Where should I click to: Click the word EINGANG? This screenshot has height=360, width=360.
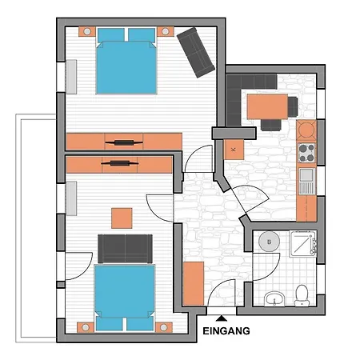(227, 330)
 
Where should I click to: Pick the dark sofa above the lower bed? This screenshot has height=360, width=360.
(125, 246)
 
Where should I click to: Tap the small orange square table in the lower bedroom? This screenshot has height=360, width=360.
(122, 218)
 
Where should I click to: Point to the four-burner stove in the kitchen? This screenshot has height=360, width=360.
(306, 151)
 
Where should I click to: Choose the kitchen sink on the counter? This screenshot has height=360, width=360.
(306, 175)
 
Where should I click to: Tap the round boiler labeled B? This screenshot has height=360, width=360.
(270, 242)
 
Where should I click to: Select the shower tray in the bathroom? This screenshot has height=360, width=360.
(304, 244)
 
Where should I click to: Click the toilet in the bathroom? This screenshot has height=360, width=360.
(302, 295)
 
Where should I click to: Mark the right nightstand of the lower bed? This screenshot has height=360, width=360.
(166, 326)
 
